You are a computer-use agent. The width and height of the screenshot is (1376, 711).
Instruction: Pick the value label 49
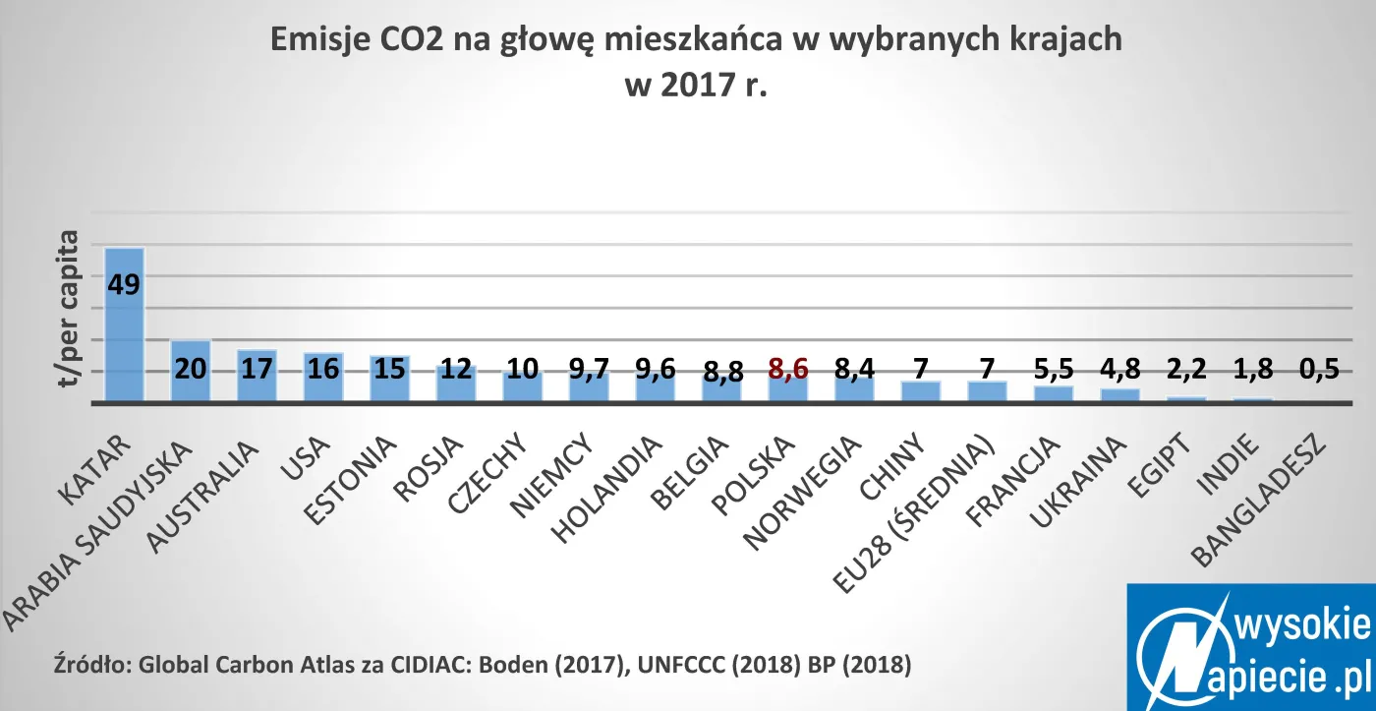[124, 284]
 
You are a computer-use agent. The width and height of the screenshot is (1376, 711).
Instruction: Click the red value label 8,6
[788, 371]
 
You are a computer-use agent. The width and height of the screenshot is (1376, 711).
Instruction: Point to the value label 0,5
[1319, 371]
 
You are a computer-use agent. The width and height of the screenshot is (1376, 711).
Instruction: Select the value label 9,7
[590, 371]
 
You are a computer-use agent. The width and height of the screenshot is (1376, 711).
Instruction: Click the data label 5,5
[1054, 371]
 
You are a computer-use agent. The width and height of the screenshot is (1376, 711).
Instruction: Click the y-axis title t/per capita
[69, 308]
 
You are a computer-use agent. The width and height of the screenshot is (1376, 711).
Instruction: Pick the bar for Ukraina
[1120, 395]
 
